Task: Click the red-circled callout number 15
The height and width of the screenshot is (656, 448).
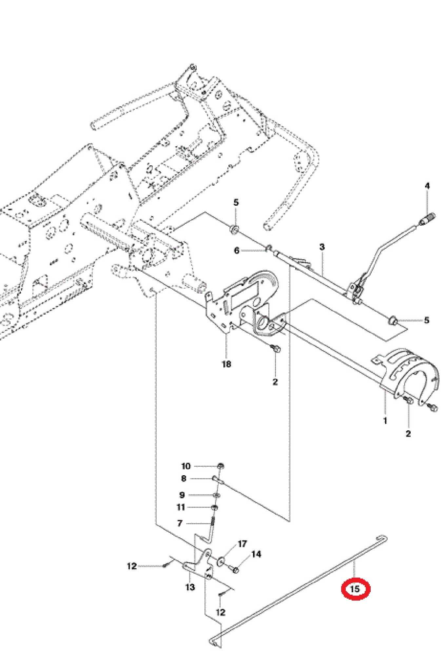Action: (355, 589)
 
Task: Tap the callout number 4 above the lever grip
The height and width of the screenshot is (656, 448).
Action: (427, 186)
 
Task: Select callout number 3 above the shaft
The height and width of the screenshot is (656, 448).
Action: (322, 247)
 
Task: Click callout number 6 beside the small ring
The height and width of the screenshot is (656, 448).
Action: (237, 251)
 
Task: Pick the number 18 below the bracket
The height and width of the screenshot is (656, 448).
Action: (226, 364)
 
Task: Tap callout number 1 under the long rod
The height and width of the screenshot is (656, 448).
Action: (385, 420)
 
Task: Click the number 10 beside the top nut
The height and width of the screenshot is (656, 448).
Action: (186, 466)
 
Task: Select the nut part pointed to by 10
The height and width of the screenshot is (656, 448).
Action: (221, 466)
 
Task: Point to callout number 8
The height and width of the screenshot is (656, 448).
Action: (184, 479)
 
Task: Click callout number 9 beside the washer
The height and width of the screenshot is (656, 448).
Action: (182, 495)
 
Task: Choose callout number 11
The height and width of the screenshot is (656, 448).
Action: (181, 507)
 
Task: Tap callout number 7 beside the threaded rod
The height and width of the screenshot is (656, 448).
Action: (180, 523)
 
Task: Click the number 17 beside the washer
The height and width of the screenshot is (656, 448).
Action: (242, 544)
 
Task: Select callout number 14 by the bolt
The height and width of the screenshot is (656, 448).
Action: (256, 554)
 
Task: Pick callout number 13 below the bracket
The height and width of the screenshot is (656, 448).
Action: (190, 587)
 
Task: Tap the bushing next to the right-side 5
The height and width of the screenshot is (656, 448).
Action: (393, 320)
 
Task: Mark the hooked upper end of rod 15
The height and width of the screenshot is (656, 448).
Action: (383, 538)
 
